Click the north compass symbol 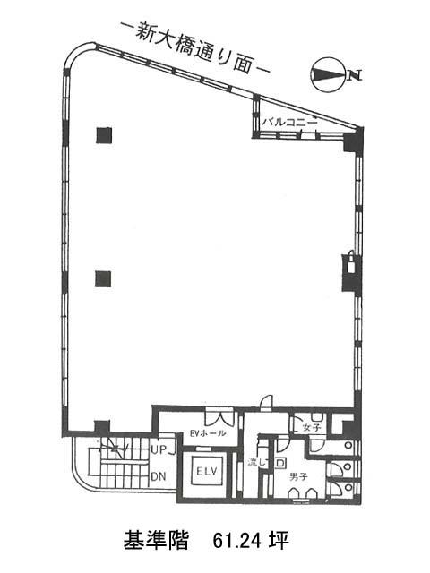point(328,75)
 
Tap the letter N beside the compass point(355,75)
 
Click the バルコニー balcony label point(288,123)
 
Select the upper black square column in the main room point(104,135)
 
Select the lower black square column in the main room point(103,278)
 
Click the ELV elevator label point(207,471)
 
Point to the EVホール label point(208,433)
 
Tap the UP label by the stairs point(159,449)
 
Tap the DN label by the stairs point(159,476)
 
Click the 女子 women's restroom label point(312,427)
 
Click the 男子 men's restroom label point(298,476)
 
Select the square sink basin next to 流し point(280,463)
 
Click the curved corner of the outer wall point(75,54)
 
